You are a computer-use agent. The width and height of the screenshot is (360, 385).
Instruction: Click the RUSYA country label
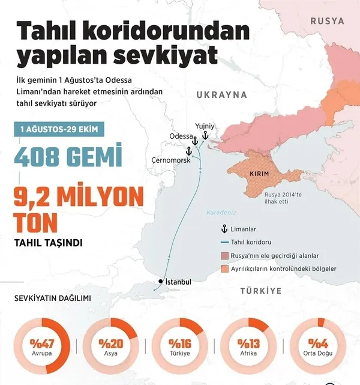(327, 20)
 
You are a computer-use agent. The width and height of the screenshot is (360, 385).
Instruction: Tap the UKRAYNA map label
(222, 95)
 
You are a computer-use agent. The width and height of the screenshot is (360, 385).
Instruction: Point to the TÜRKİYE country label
(260, 290)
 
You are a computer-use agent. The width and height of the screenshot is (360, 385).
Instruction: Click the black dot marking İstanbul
(161, 282)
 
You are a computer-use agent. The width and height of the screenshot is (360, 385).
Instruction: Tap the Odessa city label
(182, 136)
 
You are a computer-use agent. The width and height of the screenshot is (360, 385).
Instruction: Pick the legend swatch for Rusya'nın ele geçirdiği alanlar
(226, 255)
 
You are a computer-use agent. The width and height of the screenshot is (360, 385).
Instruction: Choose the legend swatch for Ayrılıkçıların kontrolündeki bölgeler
(226, 268)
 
